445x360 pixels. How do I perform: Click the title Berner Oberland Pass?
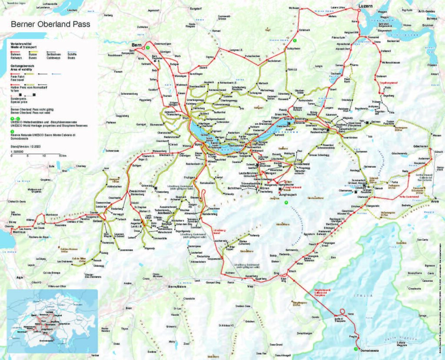50,24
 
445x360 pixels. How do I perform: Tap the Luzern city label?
366,6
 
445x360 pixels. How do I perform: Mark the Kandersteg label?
212,215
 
